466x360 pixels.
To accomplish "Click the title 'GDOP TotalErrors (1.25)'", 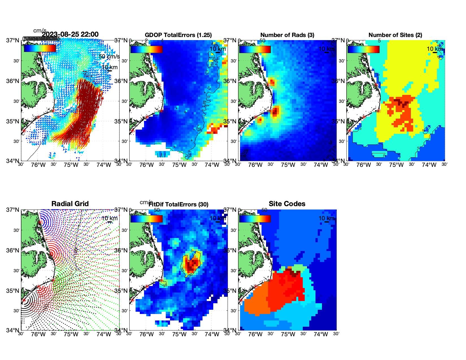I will (x=178, y=35).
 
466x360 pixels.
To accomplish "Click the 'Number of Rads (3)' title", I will (x=287, y=35).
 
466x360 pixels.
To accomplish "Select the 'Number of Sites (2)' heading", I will (x=395, y=35).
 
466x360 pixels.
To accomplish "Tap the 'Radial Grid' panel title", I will (x=70, y=204).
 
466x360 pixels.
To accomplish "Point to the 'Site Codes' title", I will (x=287, y=204).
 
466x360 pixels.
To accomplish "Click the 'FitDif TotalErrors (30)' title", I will (x=178, y=204).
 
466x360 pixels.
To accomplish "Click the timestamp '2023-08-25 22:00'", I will (x=70, y=34).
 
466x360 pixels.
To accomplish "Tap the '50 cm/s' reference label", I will (x=109, y=56).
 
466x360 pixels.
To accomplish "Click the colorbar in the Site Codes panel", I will (x=255, y=219).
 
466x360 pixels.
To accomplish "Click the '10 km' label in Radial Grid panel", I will (x=109, y=218).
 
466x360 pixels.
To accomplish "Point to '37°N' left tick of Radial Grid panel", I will (x=13, y=210).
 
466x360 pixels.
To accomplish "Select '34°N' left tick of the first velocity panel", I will (x=13, y=161).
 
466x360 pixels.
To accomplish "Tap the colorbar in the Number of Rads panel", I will (x=255, y=49).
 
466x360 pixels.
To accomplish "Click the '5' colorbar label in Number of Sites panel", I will (x=379, y=41).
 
